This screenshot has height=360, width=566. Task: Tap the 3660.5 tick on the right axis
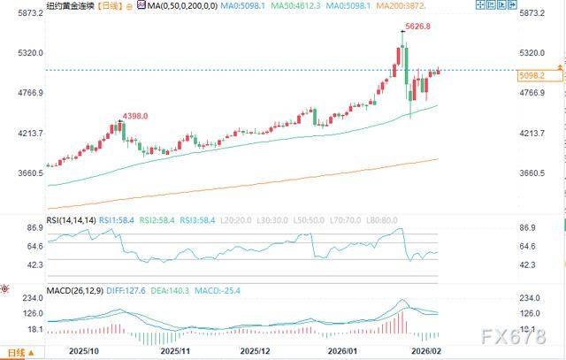[x=533, y=172]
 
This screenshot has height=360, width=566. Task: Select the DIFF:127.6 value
[x=130, y=289]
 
